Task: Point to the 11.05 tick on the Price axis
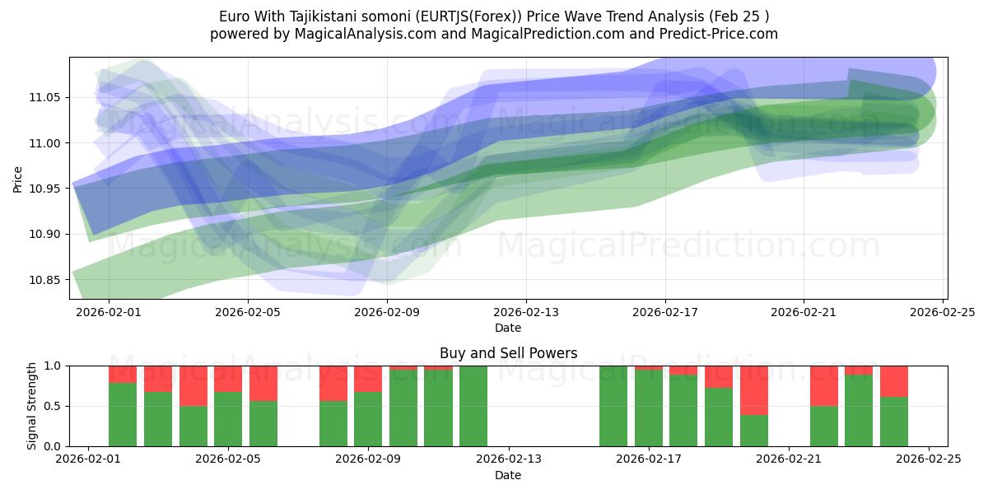pyautogui.click(x=45, y=97)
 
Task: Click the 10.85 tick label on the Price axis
pyautogui.click(x=45, y=280)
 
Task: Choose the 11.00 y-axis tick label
pyautogui.click(x=45, y=143)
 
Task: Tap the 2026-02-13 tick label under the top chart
pyautogui.click(x=526, y=312)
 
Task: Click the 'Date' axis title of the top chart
pyautogui.click(x=508, y=328)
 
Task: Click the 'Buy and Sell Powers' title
pyautogui.click(x=508, y=353)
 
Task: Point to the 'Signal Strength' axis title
pyautogui.click(x=32, y=406)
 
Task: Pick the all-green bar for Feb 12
pyautogui.click(x=473, y=406)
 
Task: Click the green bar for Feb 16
pyautogui.click(x=613, y=406)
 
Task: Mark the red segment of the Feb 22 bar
pyautogui.click(x=824, y=385)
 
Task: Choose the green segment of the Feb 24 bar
pyautogui.click(x=894, y=422)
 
